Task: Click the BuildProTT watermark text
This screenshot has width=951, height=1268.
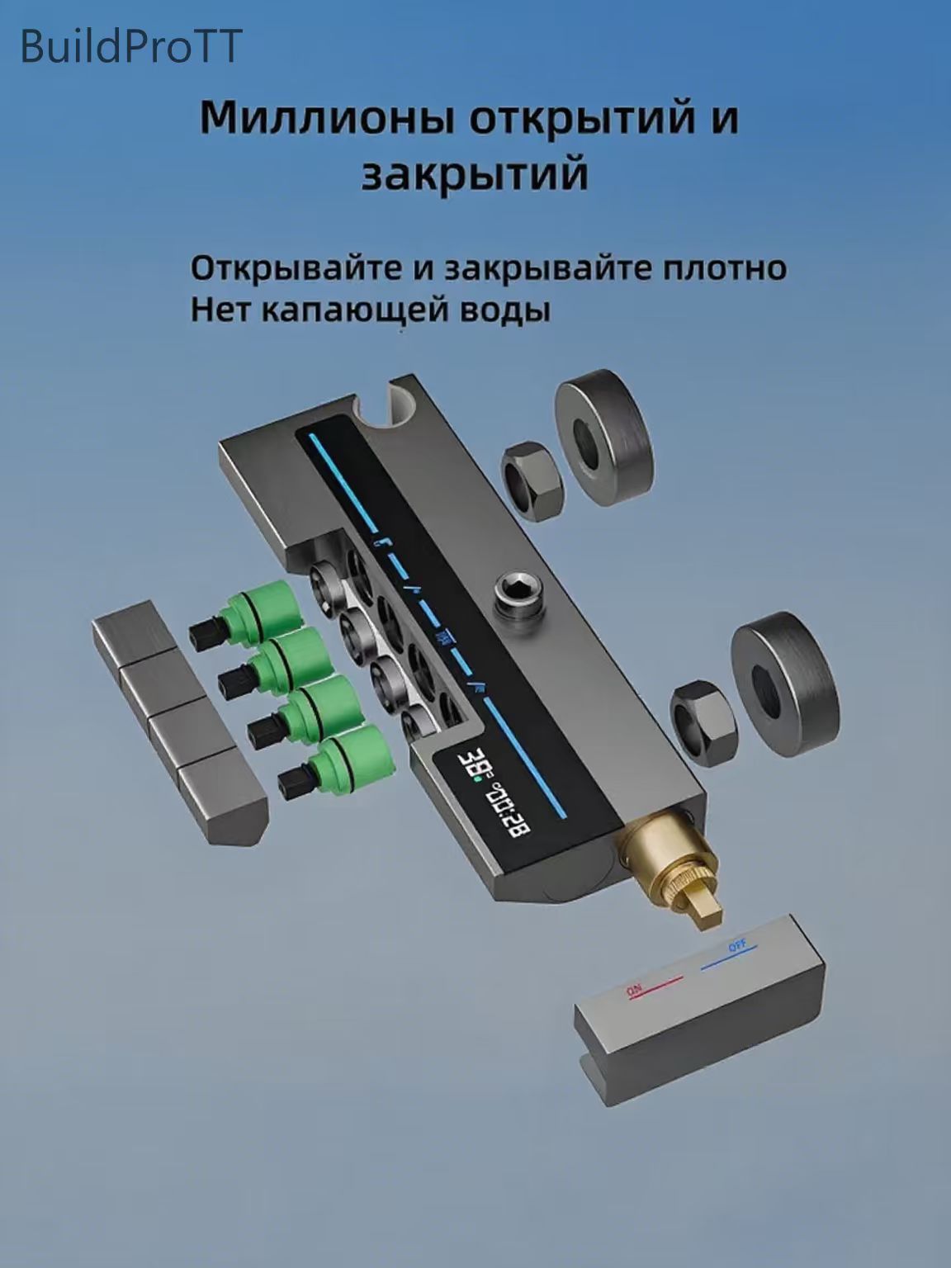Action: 130,47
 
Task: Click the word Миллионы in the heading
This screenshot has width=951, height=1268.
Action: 327,118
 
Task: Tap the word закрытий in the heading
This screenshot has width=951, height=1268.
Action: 475,174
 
